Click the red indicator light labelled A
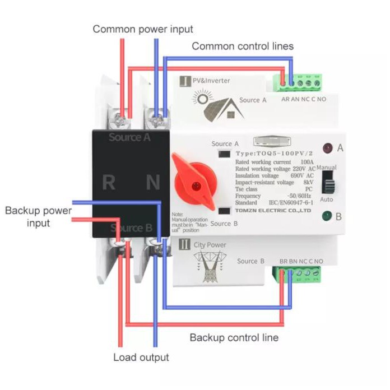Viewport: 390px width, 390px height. click(x=326, y=148)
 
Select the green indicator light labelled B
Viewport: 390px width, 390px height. click(x=326, y=216)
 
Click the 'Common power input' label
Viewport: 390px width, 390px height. click(x=143, y=29)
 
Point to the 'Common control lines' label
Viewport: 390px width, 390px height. click(x=243, y=46)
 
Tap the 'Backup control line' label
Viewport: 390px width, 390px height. click(x=234, y=337)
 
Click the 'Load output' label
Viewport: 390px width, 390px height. click(x=141, y=357)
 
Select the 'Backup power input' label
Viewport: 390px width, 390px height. click(x=39, y=217)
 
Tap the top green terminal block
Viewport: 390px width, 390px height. click(x=298, y=83)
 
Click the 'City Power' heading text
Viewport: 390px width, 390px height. click(x=210, y=245)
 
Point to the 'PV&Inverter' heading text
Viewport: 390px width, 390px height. click(x=211, y=81)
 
